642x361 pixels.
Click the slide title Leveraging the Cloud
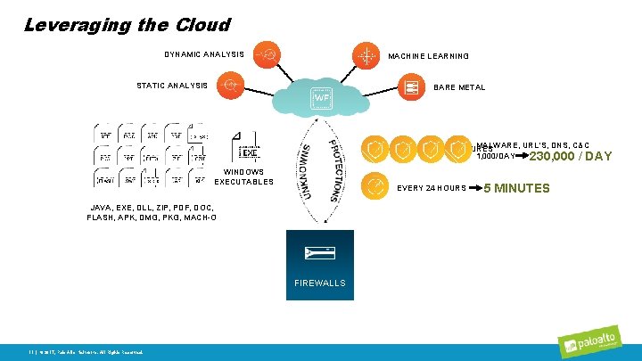[128, 25]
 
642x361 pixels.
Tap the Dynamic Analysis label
[204, 54]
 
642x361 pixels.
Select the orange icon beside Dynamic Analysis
[267, 53]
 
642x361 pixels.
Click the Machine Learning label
[428, 56]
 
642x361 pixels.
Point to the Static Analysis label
[172, 86]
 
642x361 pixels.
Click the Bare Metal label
[459, 87]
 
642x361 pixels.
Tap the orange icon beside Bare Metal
[411, 86]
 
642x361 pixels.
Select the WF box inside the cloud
[321, 97]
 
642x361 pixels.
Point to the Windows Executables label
[243, 176]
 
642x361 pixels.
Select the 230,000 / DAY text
[571, 156]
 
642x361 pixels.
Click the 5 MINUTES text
[516, 188]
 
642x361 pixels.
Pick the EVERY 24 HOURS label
[432, 188]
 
